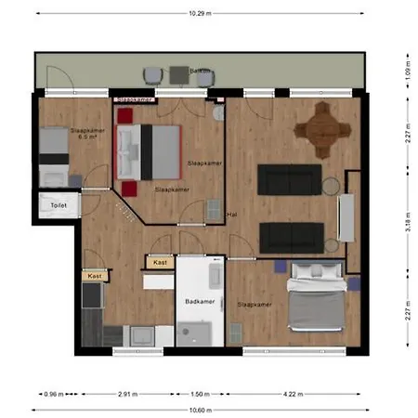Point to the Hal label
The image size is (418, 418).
click(x=232, y=216)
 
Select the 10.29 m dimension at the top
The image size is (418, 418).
click(x=200, y=13)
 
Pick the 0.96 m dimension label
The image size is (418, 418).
click(x=55, y=393)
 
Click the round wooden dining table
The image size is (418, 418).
click(x=322, y=131)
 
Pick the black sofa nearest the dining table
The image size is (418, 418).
click(x=290, y=179)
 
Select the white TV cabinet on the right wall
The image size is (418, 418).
click(x=349, y=216)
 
